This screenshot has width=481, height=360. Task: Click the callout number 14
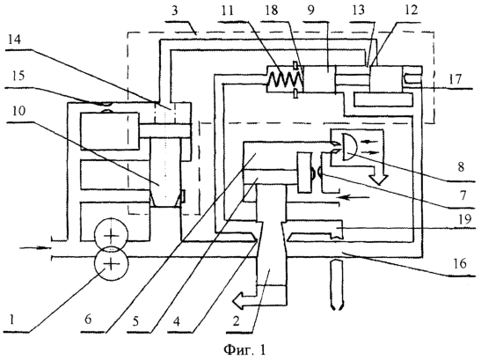[15, 40]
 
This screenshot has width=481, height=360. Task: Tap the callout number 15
[18, 75]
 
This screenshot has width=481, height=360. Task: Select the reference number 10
[18, 111]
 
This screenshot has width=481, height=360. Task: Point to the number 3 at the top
[174, 11]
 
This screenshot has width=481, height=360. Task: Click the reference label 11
[226, 11]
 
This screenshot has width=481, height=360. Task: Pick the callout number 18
[271, 11]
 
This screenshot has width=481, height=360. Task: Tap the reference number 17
[455, 79]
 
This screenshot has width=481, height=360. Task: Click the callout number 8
[461, 167]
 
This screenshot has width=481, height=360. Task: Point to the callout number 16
[459, 263]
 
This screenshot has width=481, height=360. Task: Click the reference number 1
[11, 320]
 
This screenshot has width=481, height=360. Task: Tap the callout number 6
[88, 320]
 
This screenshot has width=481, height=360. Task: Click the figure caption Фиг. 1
[244, 349]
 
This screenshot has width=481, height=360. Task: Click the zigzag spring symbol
[284, 80]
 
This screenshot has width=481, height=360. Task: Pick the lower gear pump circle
[111, 263]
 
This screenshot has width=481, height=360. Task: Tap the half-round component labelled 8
[351, 146]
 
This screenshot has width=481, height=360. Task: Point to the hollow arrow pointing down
[379, 173]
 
